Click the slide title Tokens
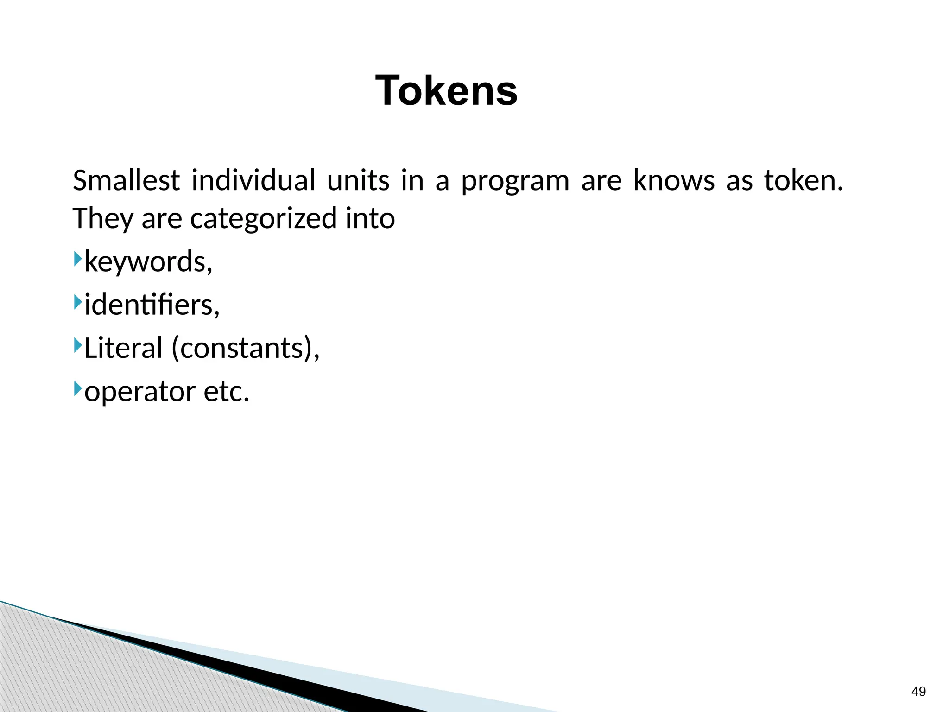[x=446, y=90]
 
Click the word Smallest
[x=126, y=180]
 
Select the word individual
[x=253, y=180]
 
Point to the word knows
[x=673, y=180]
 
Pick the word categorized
[x=263, y=219]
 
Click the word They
[x=103, y=219]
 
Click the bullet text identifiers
[x=151, y=305]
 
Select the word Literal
[x=123, y=348]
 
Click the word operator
[x=139, y=392]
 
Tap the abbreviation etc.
[x=226, y=392]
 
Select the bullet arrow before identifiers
[x=77, y=302]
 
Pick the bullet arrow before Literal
[x=77, y=345]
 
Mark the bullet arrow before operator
[x=77, y=388]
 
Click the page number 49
[x=918, y=692]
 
